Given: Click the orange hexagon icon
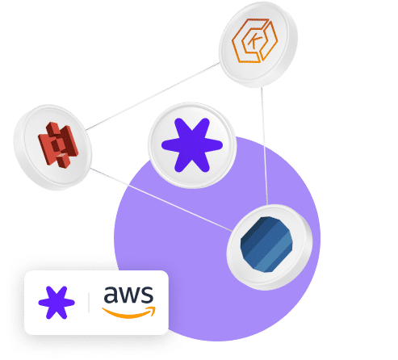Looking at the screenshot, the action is click(x=254, y=40).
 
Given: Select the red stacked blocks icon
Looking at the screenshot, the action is click(x=58, y=145).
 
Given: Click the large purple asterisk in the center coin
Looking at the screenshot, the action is click(x=192, y=145).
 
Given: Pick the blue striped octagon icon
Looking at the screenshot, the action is click(x=266, y=245).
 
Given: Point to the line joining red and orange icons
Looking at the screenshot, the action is click(x=153, y=96).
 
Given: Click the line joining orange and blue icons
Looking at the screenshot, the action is click(x=264, y=146).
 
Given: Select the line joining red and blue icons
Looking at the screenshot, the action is click(x=161, y=199).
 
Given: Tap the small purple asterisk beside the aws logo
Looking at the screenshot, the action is click(x=57, y=303).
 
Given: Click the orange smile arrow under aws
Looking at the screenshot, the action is click(x=129, y=313).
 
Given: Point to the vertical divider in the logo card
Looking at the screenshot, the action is click(x=89, y=303).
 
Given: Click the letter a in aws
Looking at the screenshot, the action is click(x=111, y=295).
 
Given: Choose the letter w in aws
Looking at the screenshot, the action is click(x=130, y=295).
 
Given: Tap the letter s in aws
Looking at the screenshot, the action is click(x=148, y=295).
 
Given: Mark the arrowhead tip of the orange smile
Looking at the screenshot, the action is click(x=155, y=308).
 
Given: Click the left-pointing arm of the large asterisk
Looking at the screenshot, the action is click(x=172, y=145).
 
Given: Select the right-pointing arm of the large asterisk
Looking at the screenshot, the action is click(x=212, y=145).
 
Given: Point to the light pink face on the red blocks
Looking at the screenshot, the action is click(x=62, y=155).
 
